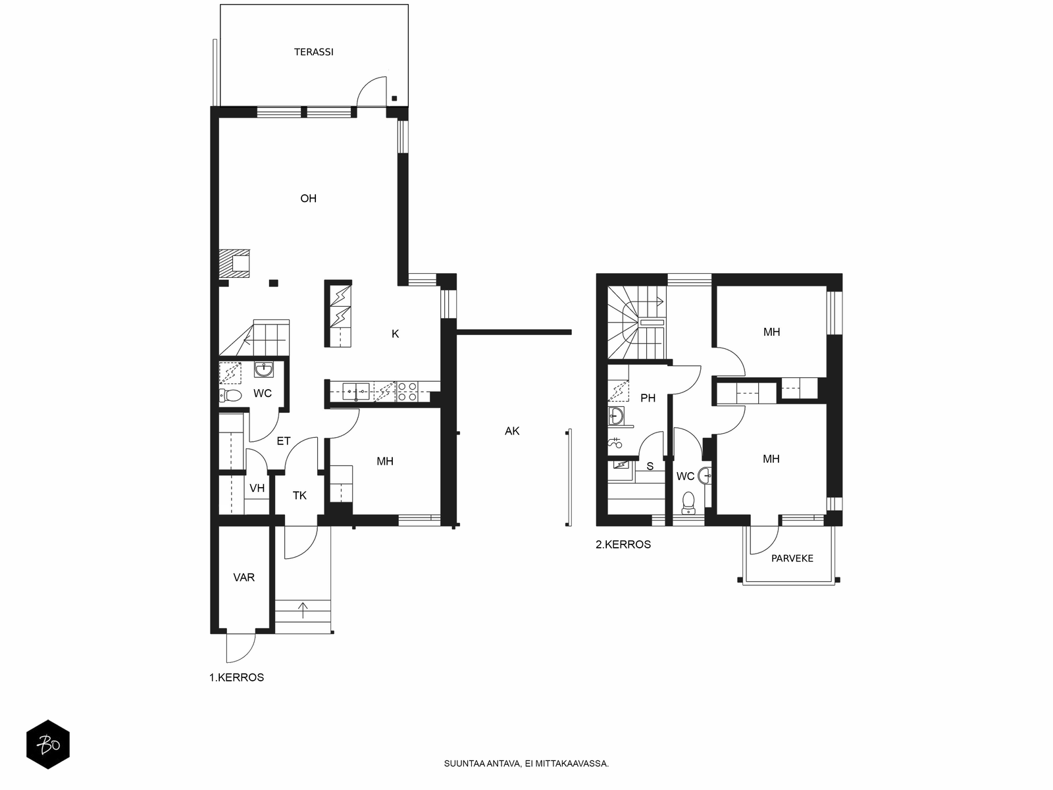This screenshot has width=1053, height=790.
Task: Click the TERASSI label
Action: coord(313,52)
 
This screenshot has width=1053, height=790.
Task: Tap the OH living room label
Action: coord(308,198)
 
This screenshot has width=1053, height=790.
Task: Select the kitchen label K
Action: coord(395,334)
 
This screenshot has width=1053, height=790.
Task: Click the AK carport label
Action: coord(512,431)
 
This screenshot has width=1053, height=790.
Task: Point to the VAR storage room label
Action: coord(244,577)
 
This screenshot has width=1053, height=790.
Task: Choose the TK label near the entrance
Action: coord(299,496)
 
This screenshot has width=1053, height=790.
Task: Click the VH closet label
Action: coord(257,488)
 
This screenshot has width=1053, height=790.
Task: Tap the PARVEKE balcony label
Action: coord(792,558)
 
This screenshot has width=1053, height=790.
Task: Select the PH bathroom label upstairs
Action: coord(648,398)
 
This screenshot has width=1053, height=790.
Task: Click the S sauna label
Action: coord(650,465)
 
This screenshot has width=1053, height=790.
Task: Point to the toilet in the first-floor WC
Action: coord(230,396)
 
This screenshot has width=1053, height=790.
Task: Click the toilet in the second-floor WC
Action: coord(688,503)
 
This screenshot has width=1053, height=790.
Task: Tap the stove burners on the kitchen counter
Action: coord(407,391)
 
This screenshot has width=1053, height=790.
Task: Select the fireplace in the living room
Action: coord(234,263)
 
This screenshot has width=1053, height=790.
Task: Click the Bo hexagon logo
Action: coord(48,744)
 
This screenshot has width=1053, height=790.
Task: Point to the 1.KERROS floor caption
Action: coord(236,677)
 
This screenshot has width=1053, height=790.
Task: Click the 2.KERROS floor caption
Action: coord(623,544)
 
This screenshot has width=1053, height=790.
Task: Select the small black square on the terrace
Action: coord(394,98)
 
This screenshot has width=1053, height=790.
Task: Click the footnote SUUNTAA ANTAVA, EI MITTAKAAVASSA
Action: coord(526,763)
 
